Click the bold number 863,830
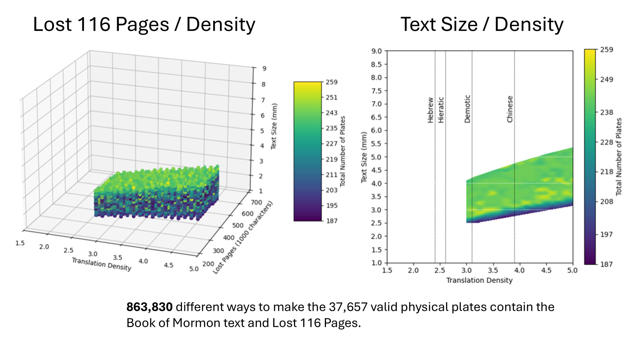150,307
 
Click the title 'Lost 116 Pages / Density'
144,24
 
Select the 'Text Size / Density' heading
482,24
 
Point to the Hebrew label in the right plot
430,110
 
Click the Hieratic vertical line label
441,110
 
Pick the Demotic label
467,109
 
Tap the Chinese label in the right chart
510,109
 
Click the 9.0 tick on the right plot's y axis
376,51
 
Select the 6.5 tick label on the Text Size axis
376,117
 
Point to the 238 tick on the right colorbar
606,112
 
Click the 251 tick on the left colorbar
332,98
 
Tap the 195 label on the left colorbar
332,206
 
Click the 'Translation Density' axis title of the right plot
479,280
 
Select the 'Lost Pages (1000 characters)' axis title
243,237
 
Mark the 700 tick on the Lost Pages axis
256,202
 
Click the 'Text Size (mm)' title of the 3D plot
274,126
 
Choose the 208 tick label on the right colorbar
606,202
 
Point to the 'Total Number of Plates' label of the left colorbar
342,151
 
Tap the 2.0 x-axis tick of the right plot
413,270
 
